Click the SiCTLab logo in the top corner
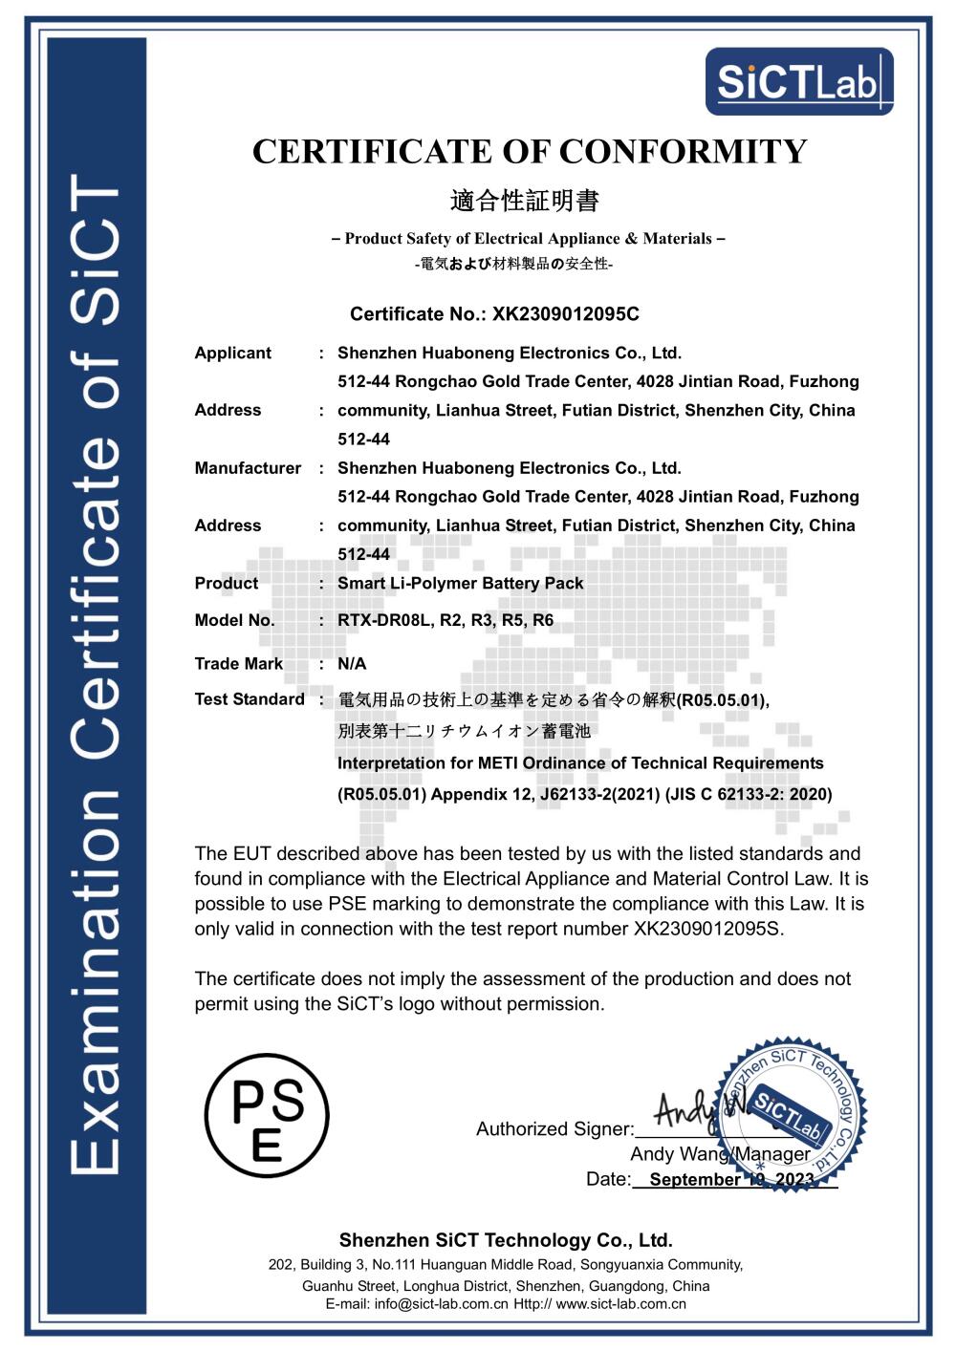pyautogui.click(x=799, y=81)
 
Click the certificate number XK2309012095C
pyautogui.click(x=566, y=314)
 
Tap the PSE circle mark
pyautogui.click(x=267, y=1116)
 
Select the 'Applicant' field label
pyautogui.click(x=232, y=354)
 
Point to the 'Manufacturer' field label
pyautogui.click(x=248, y=468)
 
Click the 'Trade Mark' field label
pyautogui.click(x=238, y=664)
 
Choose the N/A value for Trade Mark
pyautogui.click(x=352, y=664)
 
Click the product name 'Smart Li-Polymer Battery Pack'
pyautogui.click(x=460, y=584)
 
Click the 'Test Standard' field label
pyautogui.click(x=249, y=699)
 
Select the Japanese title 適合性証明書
pyautogui.click(x=524, y=201)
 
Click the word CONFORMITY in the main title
pyautogui.click(x=683, y=152)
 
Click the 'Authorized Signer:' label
pyautogui.click(x=554, y=1129)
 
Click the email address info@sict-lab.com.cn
pyautogui.click(x=441, y=1304)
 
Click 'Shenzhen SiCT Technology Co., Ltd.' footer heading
pyautogui.click(x=506, y=1240)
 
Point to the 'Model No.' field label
pyautogui.click(x=234, y=620)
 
